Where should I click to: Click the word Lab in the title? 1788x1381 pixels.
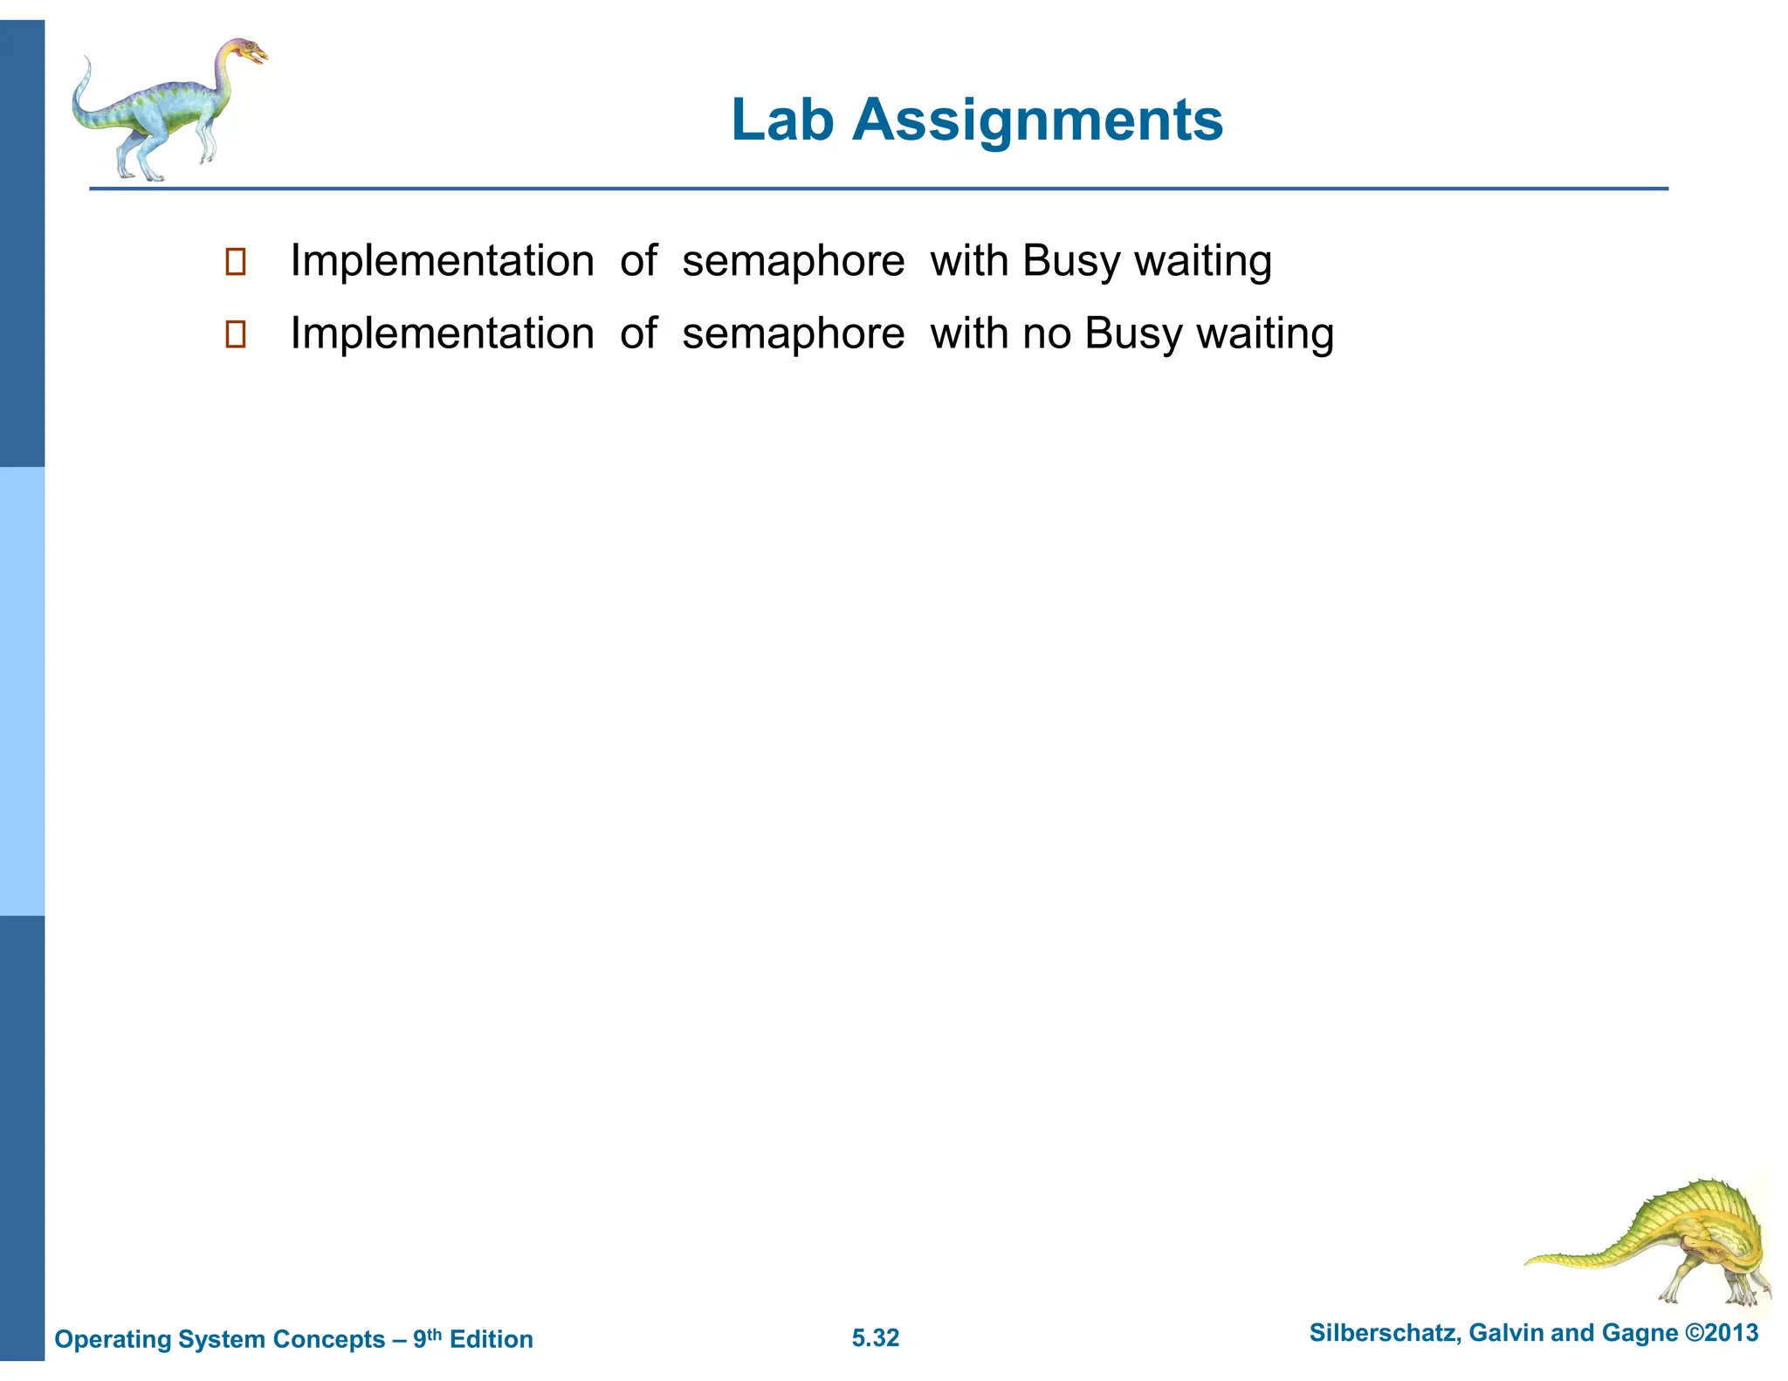781,120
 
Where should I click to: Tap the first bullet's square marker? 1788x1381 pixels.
236,262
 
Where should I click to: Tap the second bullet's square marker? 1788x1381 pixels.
236,334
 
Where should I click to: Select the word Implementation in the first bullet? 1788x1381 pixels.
442,261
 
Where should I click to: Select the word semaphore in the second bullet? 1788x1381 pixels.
793,333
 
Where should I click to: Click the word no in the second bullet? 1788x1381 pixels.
1047,333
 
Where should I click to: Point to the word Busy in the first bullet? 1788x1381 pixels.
1070,261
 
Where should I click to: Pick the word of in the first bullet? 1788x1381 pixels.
637,261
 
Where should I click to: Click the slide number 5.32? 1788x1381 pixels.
875,1338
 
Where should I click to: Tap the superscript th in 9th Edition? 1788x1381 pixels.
435,1333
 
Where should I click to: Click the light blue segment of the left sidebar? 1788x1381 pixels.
22,690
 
